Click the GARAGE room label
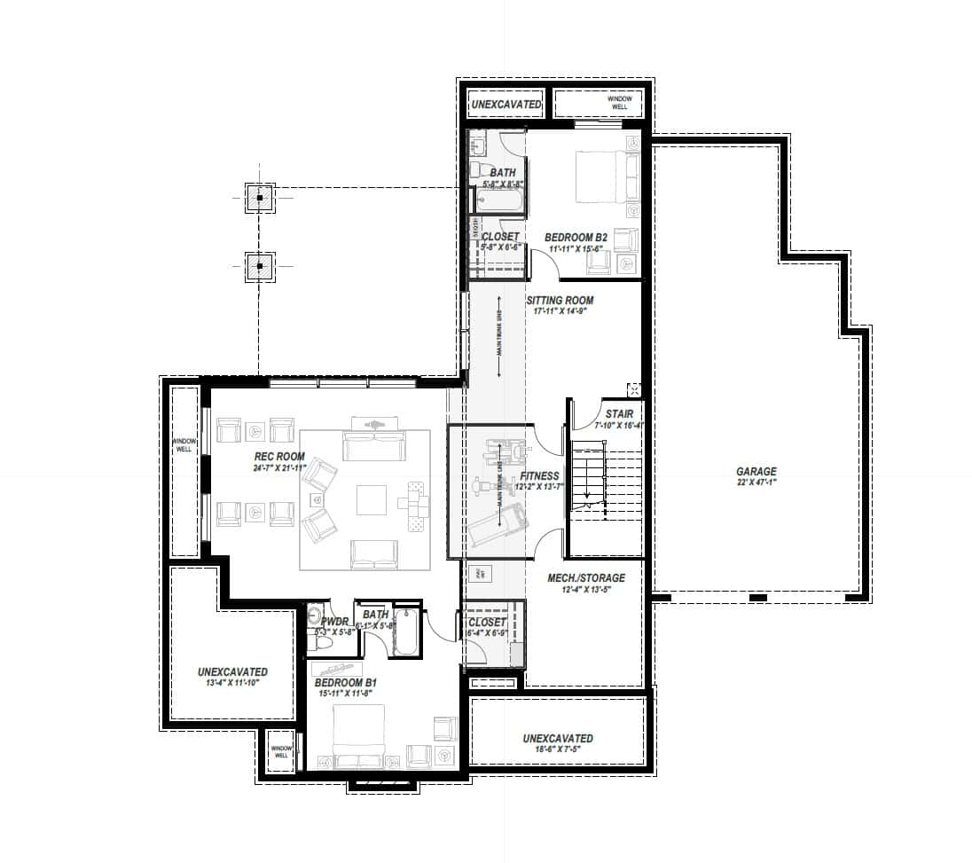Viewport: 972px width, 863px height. pyautogui.click(x=756, y=472)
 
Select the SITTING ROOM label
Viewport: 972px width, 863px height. pyautogui.click(x=559, y=301)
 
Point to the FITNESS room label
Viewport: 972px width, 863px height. pyautogui.click(x=540, y=476)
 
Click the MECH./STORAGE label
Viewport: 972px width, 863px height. pyautogui.click(x=586, y=578)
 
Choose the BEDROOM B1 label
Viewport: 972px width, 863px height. pyautogui.click(x=346, y=683)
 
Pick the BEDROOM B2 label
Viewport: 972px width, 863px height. pyautogui.click(x=576, y=238)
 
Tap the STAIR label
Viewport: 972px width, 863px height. pyautogui.click(x=619, y=414)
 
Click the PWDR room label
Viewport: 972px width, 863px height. pyautogui.click(x=334, y=622)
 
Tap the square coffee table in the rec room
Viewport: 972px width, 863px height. pyautogui.click(x=372, y=500)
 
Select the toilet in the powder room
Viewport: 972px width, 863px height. pyautogui.click(x=323, y=642)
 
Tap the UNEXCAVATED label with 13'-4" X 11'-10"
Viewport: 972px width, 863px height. pyautogui.click(x=232, y=672)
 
